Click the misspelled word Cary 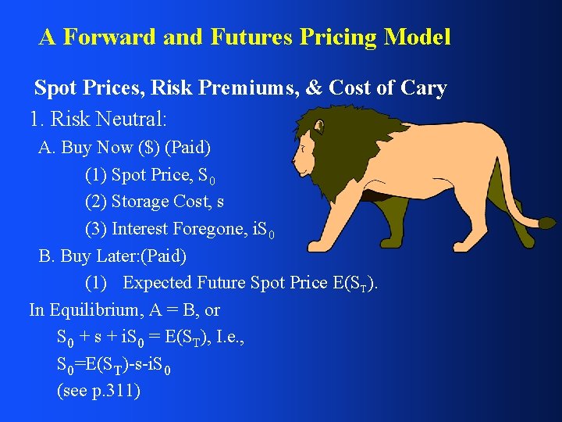422,89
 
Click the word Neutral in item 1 133,120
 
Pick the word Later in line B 119,256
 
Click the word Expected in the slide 159,282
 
